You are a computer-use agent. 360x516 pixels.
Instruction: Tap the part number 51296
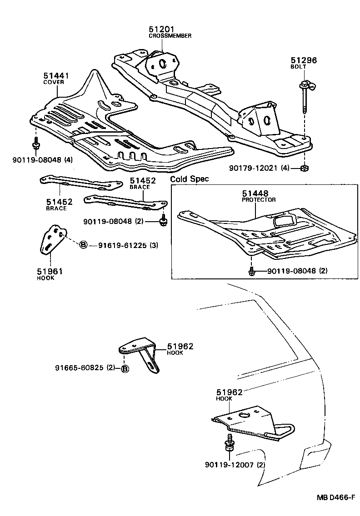point(304,60)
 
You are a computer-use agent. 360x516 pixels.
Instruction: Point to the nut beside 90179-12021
point(305,169)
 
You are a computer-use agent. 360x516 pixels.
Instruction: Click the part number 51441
point(56,76)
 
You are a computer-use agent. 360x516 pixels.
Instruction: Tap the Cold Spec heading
point(190,179)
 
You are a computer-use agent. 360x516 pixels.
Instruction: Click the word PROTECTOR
point(259,200)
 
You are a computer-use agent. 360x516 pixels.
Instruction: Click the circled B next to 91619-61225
point(84,245)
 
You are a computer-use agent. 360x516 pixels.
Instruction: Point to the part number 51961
point(50,271)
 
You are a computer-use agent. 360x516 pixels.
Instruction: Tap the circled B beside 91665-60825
point(125,368)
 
